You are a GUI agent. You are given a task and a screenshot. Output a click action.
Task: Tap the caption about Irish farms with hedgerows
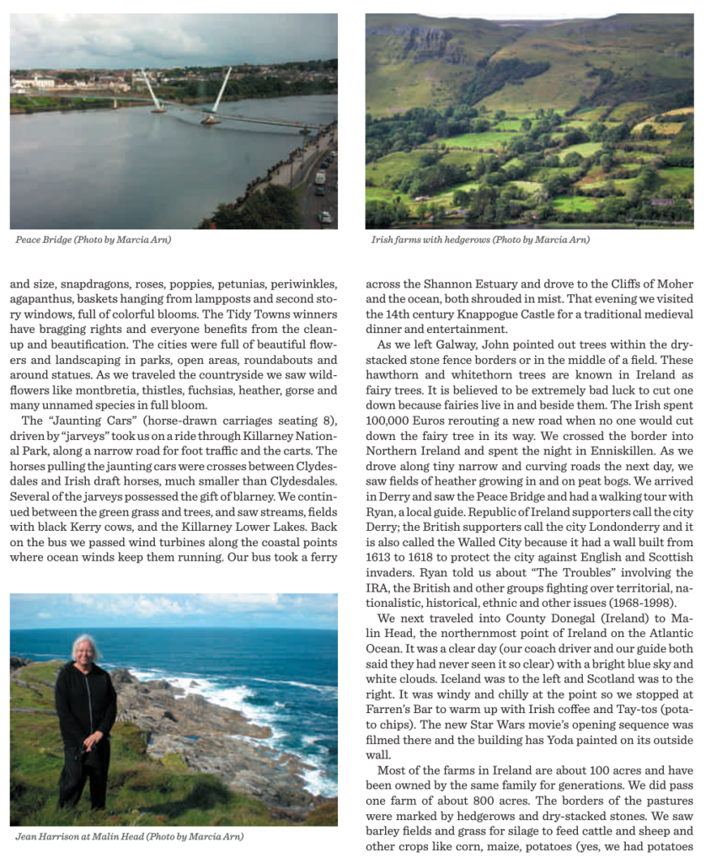tap(479, 239)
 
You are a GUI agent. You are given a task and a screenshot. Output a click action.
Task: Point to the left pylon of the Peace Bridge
tap(151, 90)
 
